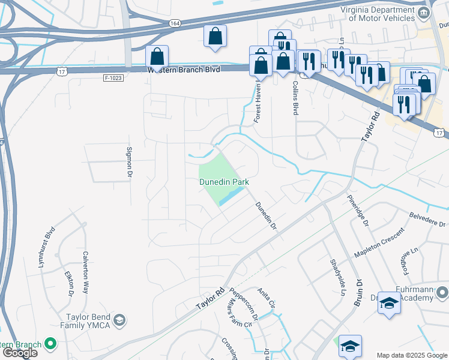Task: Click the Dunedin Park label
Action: (224, 181)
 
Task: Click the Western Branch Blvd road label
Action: (184, 70)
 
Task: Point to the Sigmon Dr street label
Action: (128, 162)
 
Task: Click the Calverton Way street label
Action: (86, 271)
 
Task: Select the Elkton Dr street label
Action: (68, 283)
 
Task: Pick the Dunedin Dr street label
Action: (266, 217)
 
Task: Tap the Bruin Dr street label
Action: (358, 293)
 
